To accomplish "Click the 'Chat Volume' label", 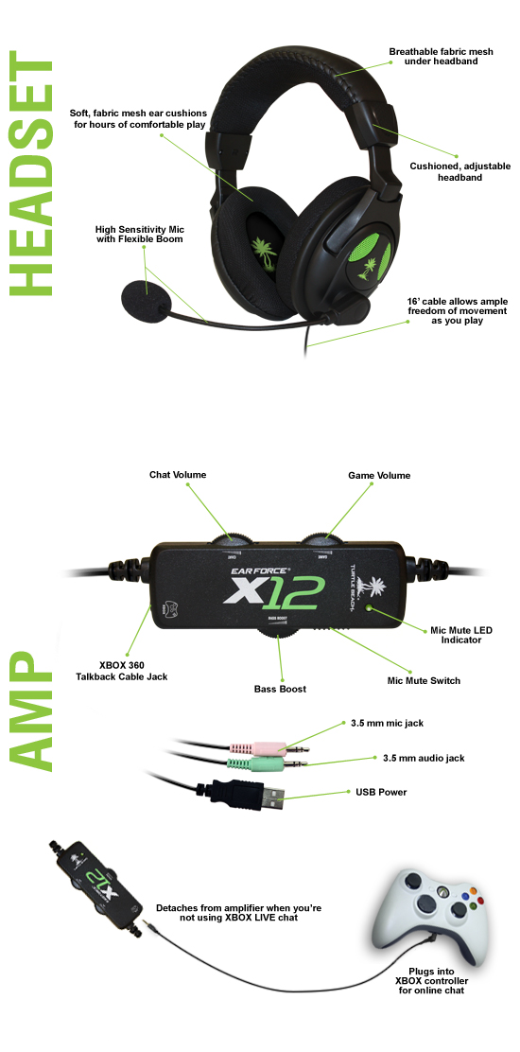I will click(177, 475).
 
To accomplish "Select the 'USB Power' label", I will click(380, 792).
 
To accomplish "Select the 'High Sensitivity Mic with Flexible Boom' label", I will click(138, 234).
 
